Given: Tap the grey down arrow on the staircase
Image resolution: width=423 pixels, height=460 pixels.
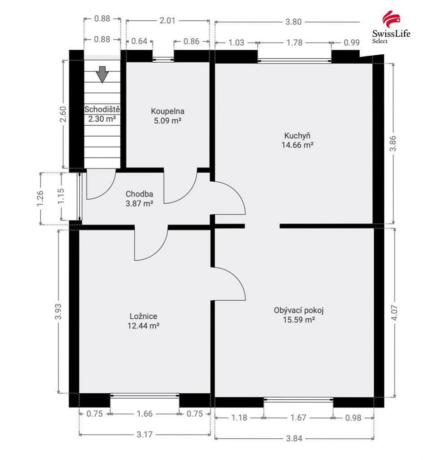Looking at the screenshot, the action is tap(103, 75).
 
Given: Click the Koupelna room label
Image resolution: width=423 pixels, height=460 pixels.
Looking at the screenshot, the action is tap(168, 111).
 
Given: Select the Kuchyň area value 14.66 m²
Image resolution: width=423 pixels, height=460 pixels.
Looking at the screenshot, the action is tap(297, 145).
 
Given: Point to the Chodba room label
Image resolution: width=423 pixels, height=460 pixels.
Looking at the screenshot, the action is tap(139, 194).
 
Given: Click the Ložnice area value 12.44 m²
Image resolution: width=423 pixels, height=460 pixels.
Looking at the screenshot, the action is tap(143, 326).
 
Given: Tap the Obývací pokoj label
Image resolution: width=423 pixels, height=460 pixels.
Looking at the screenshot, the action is tap(299, 310).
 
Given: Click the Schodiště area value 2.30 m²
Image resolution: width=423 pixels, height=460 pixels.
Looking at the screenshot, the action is tap(102, 119).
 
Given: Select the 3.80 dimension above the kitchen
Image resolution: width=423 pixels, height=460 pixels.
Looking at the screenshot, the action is tap(293, 22).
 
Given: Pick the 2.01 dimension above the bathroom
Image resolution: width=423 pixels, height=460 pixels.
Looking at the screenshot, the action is tap(167, 21).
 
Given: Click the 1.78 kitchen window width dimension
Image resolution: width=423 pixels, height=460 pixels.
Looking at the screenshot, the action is tap(294, 42).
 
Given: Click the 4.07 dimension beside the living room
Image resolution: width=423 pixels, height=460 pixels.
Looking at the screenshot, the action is tap(394, 313).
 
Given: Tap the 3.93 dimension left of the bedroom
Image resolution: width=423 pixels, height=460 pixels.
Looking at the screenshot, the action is tap(58, 311).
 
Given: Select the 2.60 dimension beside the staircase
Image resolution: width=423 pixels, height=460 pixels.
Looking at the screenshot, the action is tap(63, 114).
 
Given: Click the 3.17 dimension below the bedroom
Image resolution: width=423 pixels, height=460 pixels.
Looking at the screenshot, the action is tap(144, 435).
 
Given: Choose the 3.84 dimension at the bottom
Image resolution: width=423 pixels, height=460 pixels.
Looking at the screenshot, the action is tap(294, 438).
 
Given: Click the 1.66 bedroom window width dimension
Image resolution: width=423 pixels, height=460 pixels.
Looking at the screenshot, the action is tap(145, 414).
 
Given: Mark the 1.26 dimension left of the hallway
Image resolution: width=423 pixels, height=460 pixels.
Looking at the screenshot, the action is tap(40, 198).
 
